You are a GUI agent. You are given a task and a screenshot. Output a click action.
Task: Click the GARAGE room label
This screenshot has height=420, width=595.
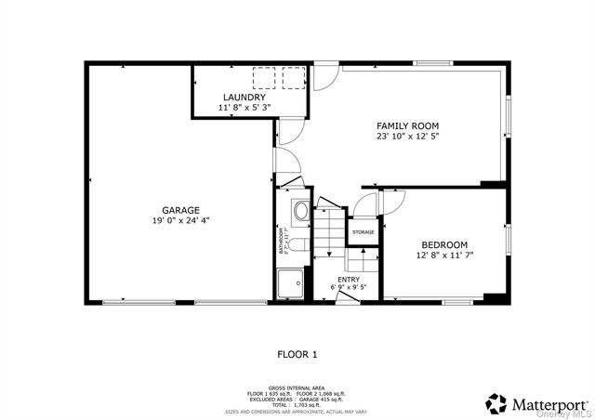180,210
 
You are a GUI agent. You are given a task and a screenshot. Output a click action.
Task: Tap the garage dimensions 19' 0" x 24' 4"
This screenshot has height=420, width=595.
180,221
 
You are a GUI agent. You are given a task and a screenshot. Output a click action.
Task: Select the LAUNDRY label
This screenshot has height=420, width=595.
244,97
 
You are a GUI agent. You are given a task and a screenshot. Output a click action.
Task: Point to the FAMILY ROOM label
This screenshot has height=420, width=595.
407,125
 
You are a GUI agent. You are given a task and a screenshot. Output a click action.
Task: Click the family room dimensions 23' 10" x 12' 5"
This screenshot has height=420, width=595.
407,137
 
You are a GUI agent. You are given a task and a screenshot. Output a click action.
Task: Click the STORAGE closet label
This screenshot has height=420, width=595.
363,232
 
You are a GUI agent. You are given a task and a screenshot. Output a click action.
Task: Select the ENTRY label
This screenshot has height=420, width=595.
349,279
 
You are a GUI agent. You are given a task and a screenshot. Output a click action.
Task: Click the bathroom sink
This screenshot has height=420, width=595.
300,212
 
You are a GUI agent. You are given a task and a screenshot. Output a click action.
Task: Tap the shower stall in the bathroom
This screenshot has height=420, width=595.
291,281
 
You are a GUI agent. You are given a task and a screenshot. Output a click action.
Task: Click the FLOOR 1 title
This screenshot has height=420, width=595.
297,354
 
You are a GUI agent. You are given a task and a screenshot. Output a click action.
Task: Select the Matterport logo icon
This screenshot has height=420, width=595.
497,401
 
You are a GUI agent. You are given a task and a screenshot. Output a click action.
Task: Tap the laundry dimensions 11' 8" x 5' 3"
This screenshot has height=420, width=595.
244,108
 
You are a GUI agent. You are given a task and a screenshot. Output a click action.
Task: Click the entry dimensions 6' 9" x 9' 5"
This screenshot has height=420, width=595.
349,287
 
